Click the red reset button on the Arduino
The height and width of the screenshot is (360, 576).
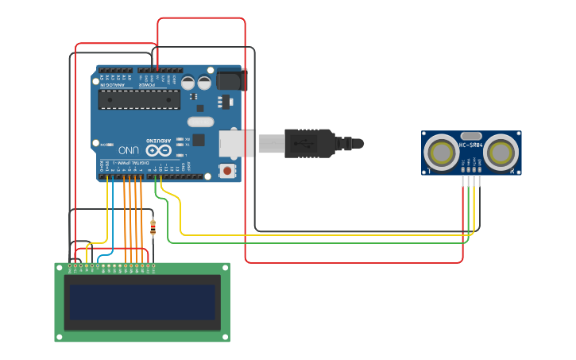[x=228, y=170]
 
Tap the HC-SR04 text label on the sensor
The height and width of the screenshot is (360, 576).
[x=471, y=145]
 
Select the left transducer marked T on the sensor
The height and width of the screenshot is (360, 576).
[x=439, y=153]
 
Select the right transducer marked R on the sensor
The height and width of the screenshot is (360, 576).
[x=502, y=153]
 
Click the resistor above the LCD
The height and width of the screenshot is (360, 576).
[x=153, y=229]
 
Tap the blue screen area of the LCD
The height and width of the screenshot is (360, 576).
[x=142, y=303]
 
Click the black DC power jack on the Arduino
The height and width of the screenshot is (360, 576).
[x=231, y=79]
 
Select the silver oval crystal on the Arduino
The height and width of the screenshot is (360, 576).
[x=201, y=122]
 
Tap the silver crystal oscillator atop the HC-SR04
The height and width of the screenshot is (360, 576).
[x=471, y=136]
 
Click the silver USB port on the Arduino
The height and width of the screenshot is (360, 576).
[x=238, y=143]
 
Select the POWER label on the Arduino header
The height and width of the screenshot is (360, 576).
[x=158, y=85]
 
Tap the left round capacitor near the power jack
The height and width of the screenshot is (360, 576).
[x=187, y=82]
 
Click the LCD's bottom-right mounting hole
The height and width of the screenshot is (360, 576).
[x=225, y=337]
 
